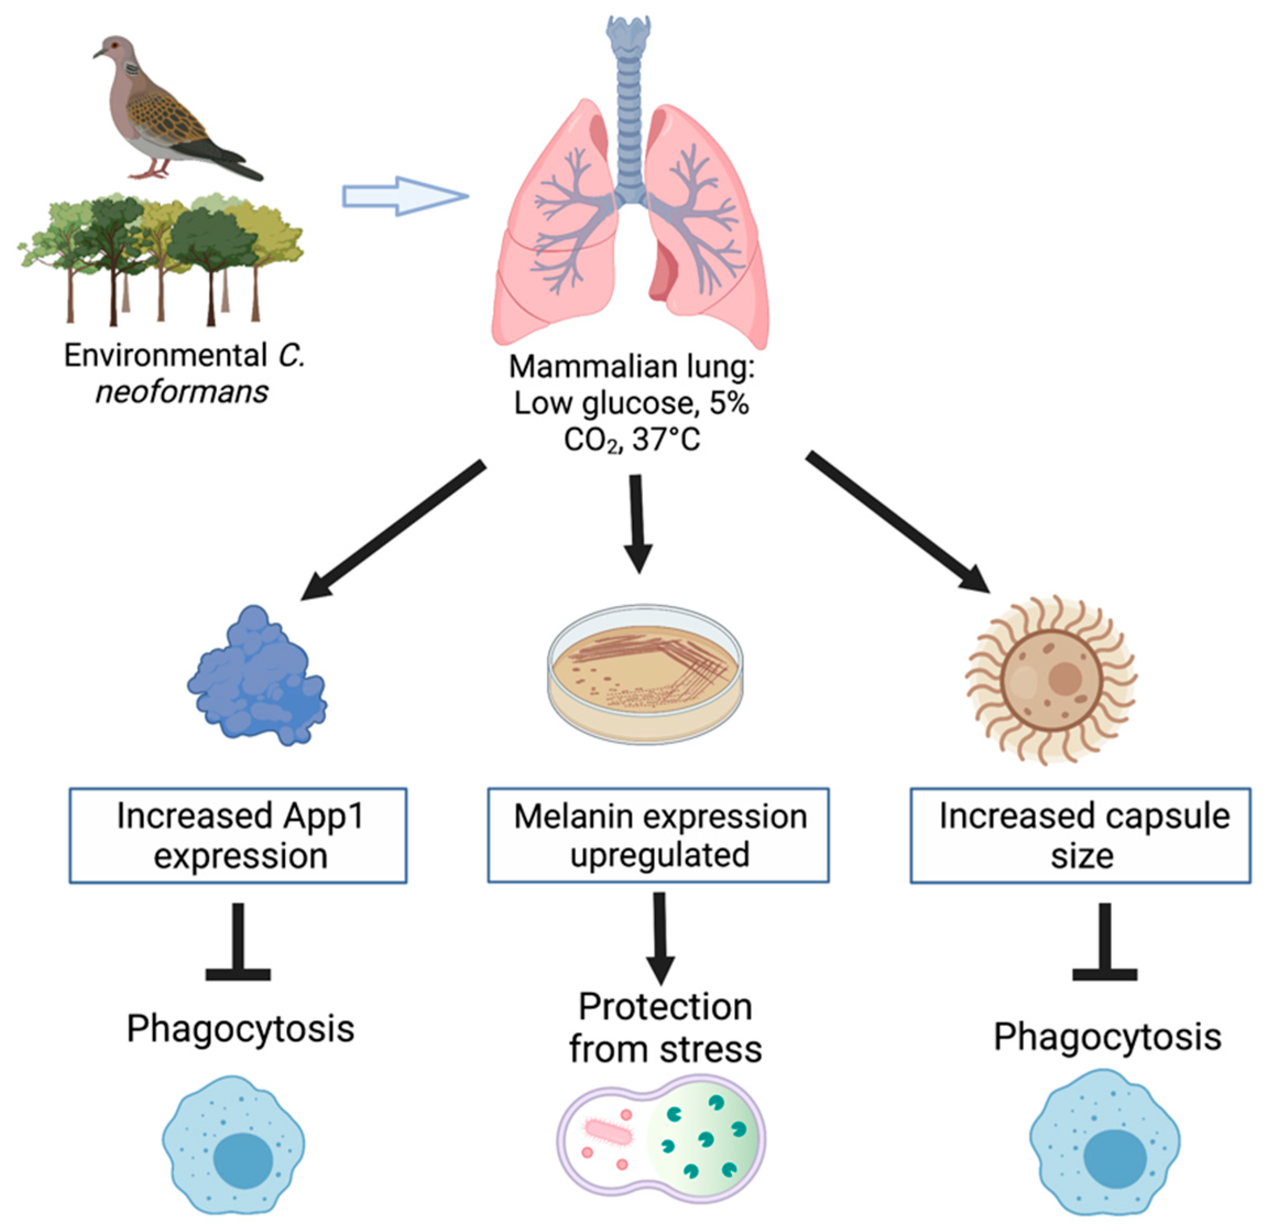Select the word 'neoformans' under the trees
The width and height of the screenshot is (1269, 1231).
(182, 392)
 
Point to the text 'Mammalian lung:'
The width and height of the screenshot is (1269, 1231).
(632, 367)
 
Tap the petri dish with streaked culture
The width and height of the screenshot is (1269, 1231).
(646, 674)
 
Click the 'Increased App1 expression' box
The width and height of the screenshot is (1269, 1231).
(238, 835)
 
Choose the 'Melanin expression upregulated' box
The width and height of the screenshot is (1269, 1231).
(659, 835)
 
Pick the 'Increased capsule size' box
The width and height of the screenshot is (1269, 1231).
(1081, 835)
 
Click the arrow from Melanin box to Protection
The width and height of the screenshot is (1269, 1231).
(660, 938)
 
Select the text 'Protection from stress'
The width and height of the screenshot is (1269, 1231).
(665, 1028)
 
